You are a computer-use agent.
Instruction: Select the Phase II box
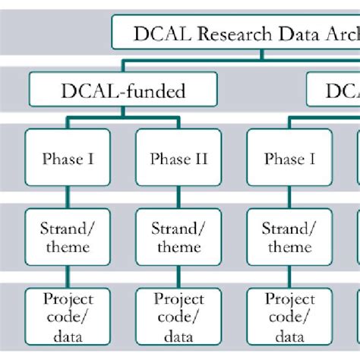click(178, 159)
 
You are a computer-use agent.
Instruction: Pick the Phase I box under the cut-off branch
click(290, 159)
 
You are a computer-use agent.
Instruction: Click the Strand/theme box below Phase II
click(178, 237)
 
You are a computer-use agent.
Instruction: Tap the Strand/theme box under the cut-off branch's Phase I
click(290, 237)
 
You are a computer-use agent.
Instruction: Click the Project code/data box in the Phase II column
click(178, 318)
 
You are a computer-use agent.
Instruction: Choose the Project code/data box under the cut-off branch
click(290, 318)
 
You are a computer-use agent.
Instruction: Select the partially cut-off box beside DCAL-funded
click(334, 92)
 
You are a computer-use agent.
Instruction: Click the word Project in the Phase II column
click(178, 300)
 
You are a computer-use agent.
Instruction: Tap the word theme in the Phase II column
click(178, 247)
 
